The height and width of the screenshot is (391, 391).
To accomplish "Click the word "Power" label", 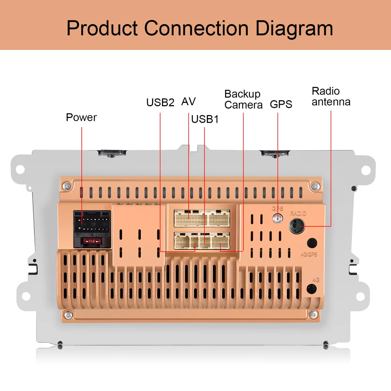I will [81, 117].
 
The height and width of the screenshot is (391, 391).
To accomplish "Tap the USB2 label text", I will [160, 102].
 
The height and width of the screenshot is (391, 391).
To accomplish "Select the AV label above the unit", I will [188, 102].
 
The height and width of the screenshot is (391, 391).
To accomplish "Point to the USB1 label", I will [204, 119].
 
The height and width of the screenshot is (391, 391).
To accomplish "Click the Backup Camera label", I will [243, 99].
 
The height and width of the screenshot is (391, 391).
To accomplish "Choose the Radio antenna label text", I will [331, 97].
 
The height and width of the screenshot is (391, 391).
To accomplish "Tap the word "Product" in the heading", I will [102, 28].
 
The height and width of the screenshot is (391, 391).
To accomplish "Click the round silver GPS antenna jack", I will [278, 219].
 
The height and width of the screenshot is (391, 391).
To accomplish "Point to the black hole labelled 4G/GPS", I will [312, 243].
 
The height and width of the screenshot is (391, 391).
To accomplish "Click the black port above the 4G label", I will [312, 289].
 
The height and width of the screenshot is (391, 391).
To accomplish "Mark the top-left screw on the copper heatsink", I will [68, 185].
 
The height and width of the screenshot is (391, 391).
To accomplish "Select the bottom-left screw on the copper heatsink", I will [69, 314].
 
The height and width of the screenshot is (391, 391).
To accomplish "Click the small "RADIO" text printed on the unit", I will [298, 213].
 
